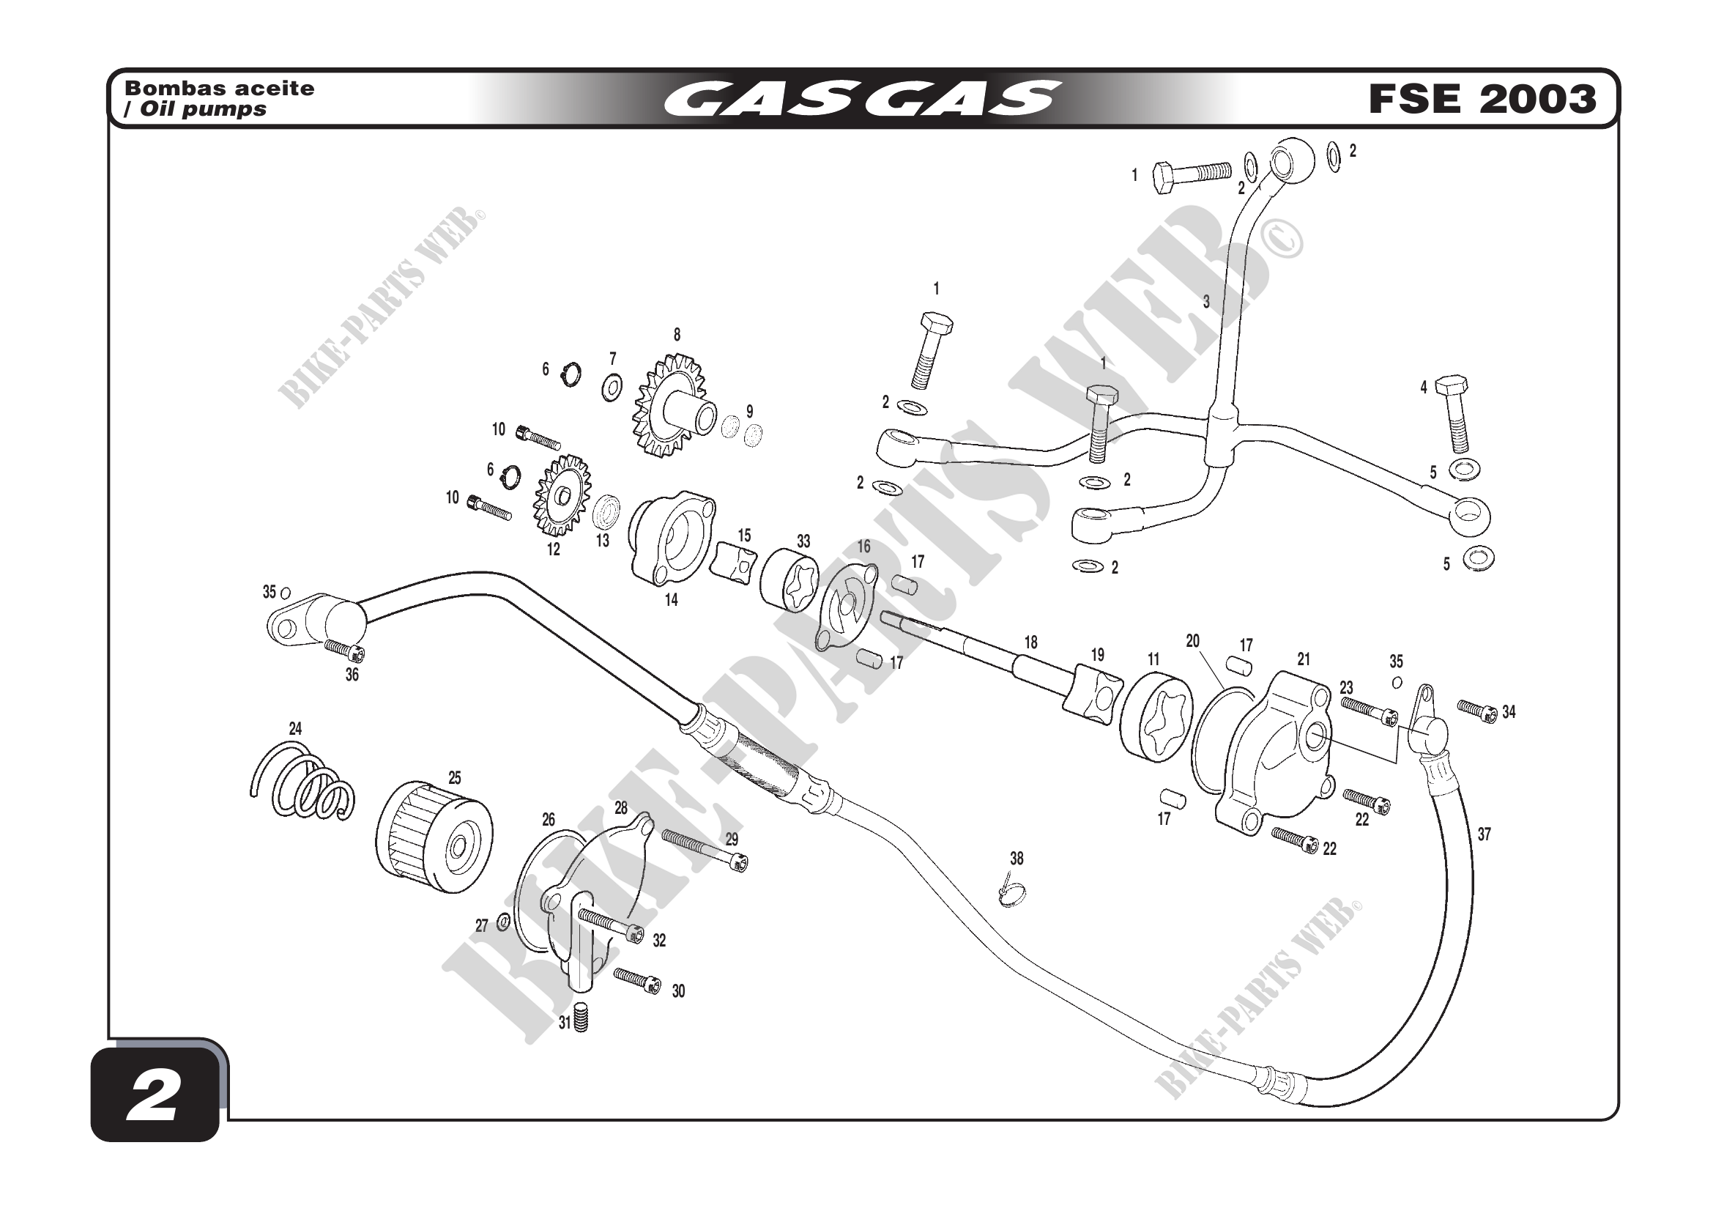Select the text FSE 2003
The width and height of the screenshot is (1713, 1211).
tap(1482, 100)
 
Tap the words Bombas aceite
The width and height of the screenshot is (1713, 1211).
tap(220, 88)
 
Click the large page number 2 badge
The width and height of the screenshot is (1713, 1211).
tap(155, 1096)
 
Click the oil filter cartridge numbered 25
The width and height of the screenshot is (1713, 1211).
tap(434, 836)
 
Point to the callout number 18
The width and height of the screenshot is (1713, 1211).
tap(1030, 642)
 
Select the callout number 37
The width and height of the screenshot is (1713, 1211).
tap(1484, 834)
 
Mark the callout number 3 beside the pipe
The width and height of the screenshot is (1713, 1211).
tap(1205, 302)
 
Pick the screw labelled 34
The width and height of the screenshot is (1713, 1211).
tap(1477, 711)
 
